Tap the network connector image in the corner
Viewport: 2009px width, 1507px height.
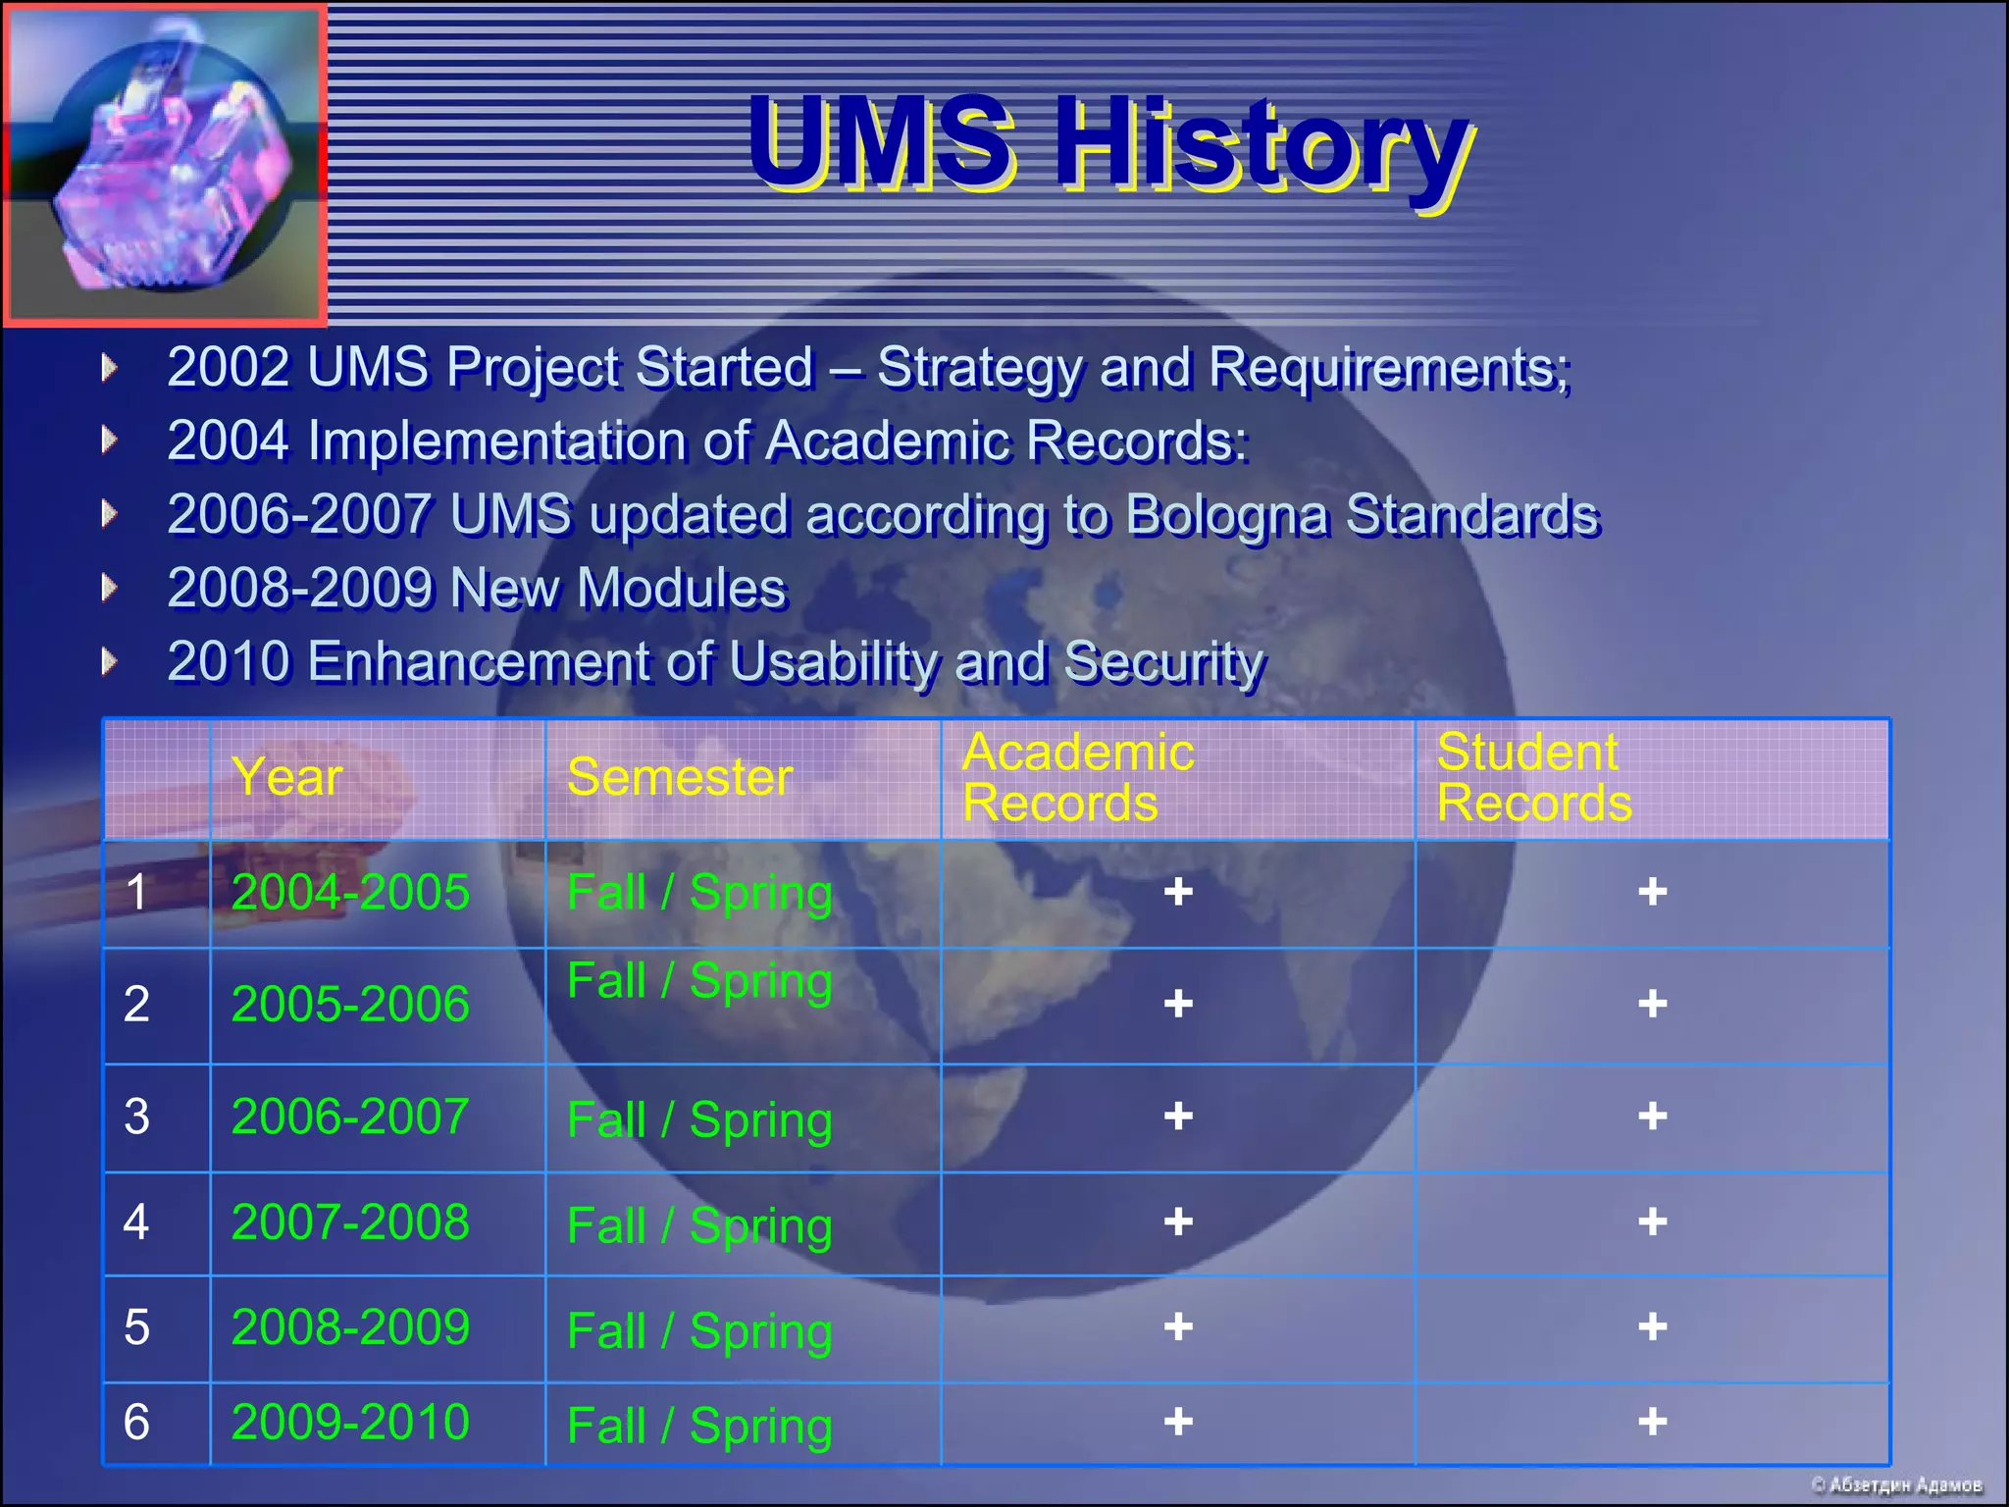coord(165,165)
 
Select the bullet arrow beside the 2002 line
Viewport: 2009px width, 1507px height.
coord(110,368)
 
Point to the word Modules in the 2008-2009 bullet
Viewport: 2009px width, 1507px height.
coord(681,589)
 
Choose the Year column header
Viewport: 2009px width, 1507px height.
coord(287,777)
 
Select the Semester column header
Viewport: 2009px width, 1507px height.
coord(680,777)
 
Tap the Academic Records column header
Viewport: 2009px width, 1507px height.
coord(1078,777)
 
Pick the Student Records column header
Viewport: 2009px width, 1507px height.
coord(1533,777)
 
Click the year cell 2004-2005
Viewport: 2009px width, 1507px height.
coord(350,893)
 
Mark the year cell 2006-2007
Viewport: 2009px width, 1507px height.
coord(350,1117)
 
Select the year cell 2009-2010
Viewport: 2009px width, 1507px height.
coord(350,1422)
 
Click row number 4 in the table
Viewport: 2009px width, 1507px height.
coord(136,1222)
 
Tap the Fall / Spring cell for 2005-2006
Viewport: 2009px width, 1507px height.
coord(699,981)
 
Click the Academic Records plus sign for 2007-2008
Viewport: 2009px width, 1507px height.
coord(1178,1222)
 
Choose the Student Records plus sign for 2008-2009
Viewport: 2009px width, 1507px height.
coord(1653,1327)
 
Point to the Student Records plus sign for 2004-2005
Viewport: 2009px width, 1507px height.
coord(1653,892)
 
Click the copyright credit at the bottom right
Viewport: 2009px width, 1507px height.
coord(1896,1485)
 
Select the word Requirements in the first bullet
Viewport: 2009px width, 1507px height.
coord(1388,368)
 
